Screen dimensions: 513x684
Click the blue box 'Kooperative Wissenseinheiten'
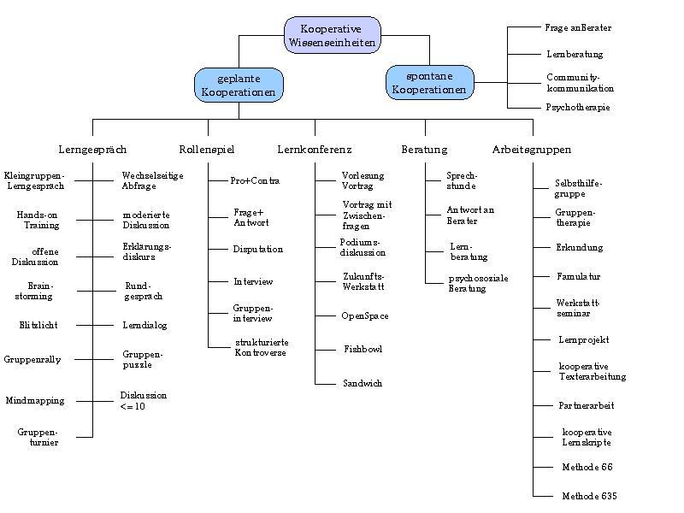331,35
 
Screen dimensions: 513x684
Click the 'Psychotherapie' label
578,108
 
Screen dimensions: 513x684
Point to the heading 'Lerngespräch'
92,150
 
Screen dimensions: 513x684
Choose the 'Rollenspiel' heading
207,150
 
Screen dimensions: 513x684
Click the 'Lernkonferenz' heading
315,150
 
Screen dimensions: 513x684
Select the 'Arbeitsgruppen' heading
532,150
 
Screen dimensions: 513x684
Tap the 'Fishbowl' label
363,350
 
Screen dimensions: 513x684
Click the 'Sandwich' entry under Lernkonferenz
363,383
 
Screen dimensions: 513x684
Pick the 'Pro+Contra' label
255,180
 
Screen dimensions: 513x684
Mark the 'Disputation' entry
257,249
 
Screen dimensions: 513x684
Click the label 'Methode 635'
589,496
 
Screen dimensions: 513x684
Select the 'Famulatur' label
579,277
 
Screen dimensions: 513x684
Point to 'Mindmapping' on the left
35,401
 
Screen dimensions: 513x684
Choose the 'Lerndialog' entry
144,326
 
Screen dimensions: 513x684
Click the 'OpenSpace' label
365,315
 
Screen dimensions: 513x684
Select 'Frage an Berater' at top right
578,27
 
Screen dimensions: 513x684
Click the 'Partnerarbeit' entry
587,405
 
